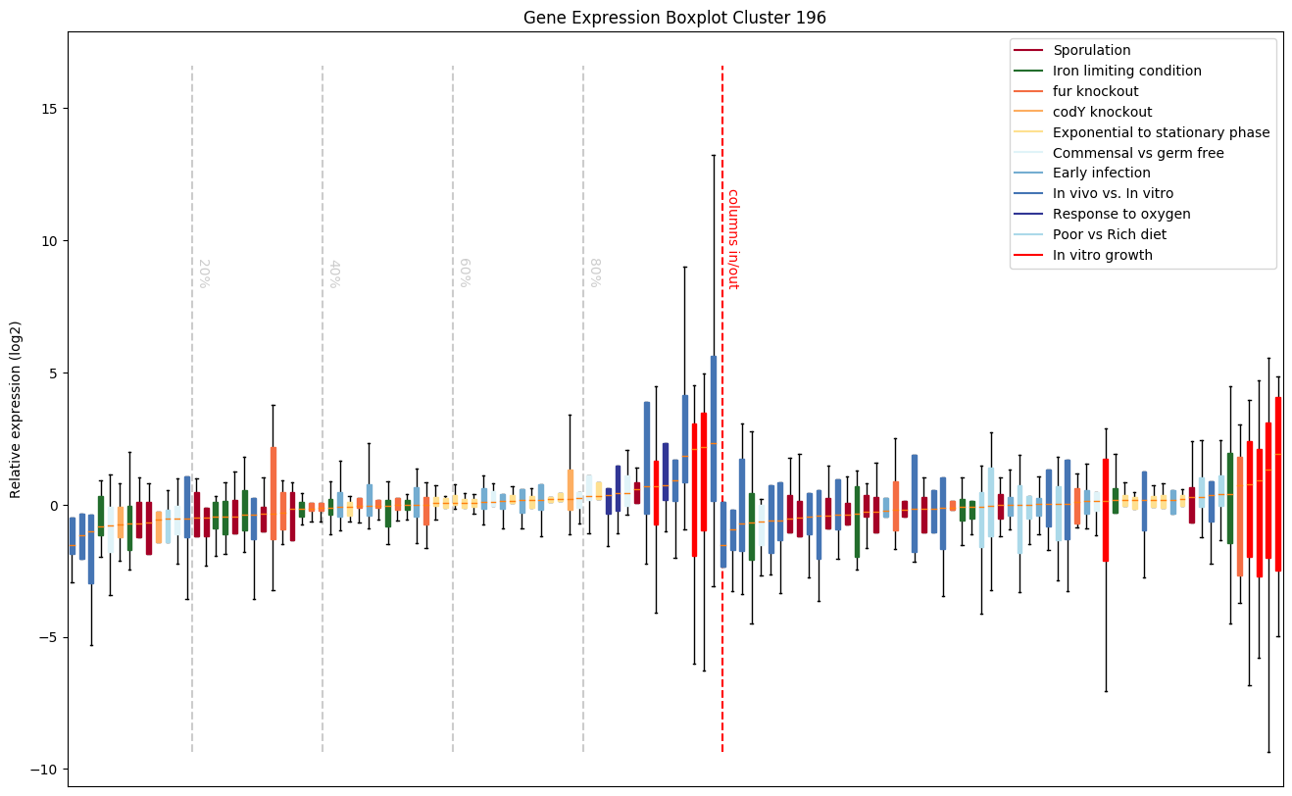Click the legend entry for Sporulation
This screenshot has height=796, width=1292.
tap(1091, 50)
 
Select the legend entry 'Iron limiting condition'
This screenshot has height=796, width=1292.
tap(1126, 71)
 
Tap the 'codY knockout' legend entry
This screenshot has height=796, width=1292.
tap(1102, 112)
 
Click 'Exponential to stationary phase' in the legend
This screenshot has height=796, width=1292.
tap(1161, 132)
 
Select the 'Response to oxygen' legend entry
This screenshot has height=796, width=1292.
tap(1121, 214)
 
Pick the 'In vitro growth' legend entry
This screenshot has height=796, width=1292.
tap(1102, 255)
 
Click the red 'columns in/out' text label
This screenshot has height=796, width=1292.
tap(732, 238)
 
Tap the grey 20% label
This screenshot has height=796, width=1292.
tap(204, 273)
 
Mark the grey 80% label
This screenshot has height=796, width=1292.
tap(594, 273)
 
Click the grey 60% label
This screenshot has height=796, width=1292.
tap(465, 273)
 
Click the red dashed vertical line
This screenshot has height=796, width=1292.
tap(722, 490)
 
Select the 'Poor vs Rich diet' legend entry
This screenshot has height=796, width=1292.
tap(1110, 234)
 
